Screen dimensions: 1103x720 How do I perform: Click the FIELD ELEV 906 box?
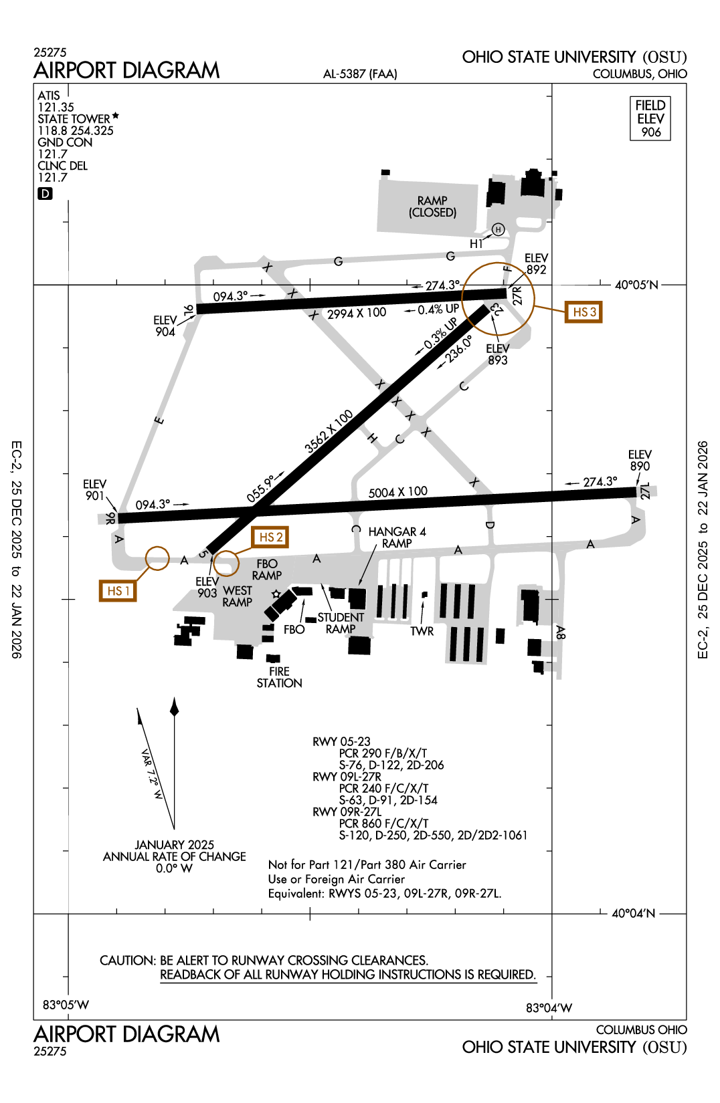click(x=650, y=118)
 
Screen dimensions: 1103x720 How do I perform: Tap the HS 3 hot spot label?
click(x=583, y=312)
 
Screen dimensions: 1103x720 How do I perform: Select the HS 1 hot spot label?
click(x=118, y=591)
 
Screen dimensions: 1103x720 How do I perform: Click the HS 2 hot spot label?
click(x=270, y=537)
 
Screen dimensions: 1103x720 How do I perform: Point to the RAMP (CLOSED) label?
click(x=432, y=207)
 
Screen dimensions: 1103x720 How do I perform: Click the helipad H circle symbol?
click(x=498, y=230)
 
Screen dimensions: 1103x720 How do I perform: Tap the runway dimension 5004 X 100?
click(x=397, y=492)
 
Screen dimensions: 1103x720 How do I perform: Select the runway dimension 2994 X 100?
click(x=357, y=313)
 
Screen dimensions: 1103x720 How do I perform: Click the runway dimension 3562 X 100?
click(x=329, y=432)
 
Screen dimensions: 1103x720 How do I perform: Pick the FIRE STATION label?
click(x=279, y=677)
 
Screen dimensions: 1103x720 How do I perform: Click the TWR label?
click(x=422, y=631)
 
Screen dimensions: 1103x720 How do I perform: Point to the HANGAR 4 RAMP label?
click(x=397, y=537)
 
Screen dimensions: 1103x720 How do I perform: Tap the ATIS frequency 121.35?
click(x=56, y=107)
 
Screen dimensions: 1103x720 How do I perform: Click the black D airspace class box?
click(x=45, y=194)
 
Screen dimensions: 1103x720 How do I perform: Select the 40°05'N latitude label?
click(x=636, y=285)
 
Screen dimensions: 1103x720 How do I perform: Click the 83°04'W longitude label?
click(x=549, y=1008)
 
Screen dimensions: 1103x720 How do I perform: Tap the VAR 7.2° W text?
click(x=152, y=774)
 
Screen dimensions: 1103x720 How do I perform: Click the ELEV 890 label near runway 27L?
click(x=639, y=460)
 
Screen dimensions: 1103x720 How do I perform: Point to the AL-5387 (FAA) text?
click(x=360, y=74)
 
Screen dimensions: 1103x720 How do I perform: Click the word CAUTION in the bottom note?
click(x=127, y=961)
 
